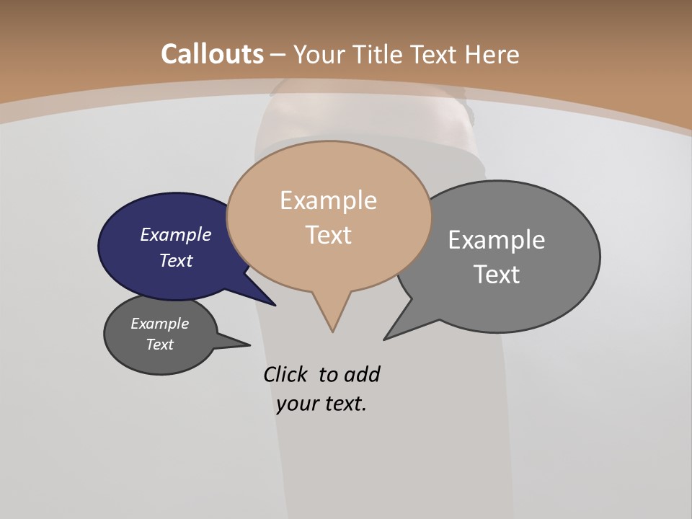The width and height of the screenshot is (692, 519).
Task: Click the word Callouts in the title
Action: click(x=212, y=54)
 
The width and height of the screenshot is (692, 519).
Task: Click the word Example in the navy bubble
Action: click(x=175, y=234)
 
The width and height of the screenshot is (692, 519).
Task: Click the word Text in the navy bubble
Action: click(x=175, y=260)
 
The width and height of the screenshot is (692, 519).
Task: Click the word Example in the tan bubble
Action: click(x=328, y=200)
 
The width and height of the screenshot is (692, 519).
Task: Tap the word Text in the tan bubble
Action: click(x=328, y=234)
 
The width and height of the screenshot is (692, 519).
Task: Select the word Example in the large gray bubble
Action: click(x=497, y=239)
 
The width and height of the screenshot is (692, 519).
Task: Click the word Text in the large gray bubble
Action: click(x=497, y=274)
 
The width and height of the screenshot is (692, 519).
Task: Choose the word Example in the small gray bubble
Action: click(x=159, y=324)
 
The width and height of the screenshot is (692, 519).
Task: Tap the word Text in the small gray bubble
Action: click(x=159, y=345)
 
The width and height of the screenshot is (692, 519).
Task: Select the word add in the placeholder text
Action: click(x=361, y=374)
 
